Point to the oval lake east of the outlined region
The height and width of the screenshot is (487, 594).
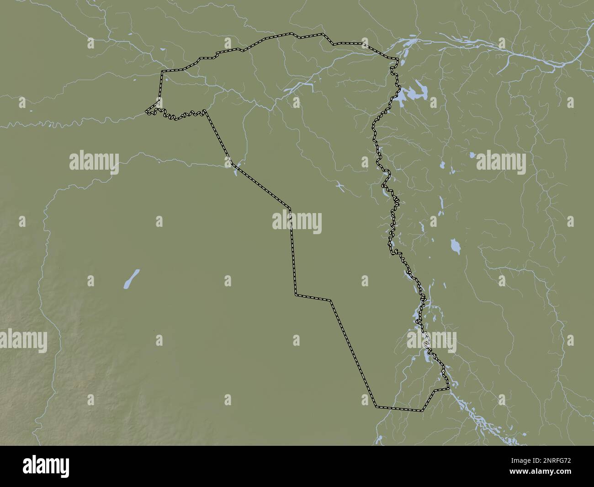(455, 246)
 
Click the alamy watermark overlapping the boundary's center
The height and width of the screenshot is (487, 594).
(297, 223)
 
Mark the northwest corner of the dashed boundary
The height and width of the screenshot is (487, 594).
(162, 72)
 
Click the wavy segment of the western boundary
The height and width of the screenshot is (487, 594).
(176, 115)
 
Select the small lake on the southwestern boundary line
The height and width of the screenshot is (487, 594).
(235, 170)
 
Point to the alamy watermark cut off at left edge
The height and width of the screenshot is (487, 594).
(23, 341)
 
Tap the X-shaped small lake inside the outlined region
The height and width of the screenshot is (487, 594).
(339, 185)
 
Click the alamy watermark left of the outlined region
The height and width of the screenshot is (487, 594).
(94, 162)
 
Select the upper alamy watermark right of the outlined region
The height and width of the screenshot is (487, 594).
(501, 162)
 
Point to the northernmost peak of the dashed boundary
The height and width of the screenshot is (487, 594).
(292, 33)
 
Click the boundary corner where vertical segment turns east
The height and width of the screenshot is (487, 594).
(296, 295)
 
